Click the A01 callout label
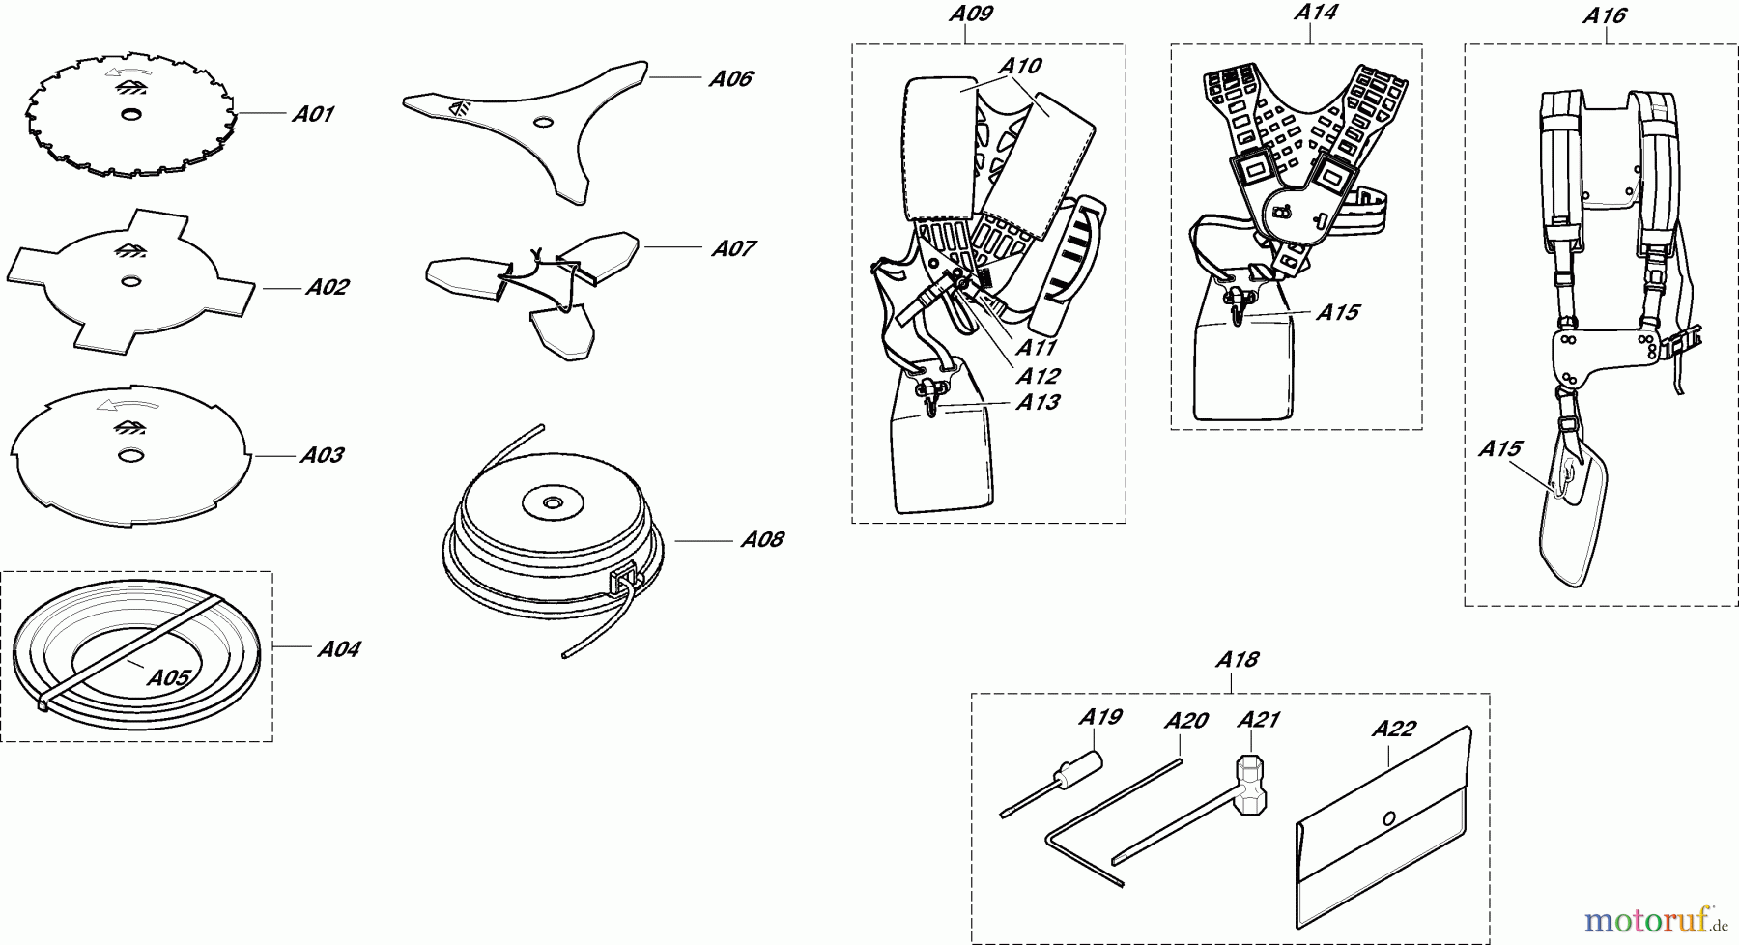313,115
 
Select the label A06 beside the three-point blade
730,79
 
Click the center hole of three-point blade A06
544,123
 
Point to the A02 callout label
327,287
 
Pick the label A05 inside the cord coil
168,677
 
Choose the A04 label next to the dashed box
338,649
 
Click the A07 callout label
733,249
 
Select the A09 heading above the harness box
970,14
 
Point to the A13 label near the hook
1038,403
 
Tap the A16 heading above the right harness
1604,15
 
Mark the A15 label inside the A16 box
1500,449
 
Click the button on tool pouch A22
1389,818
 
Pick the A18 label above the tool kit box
1237,660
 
